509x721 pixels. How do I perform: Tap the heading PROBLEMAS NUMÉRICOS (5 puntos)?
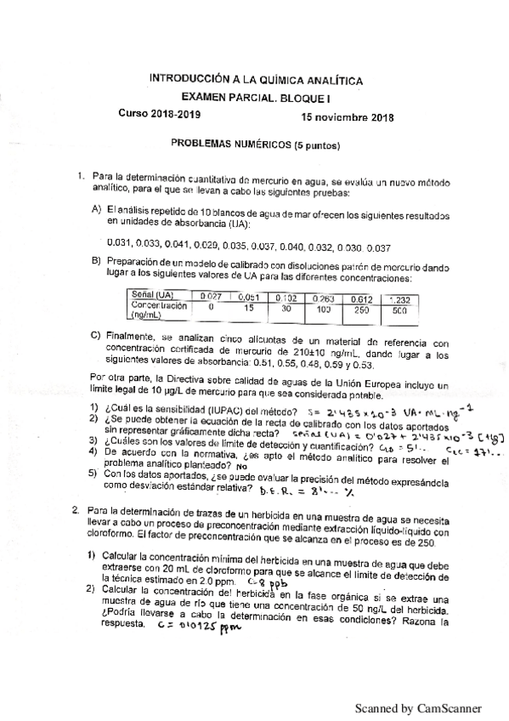(244, 145)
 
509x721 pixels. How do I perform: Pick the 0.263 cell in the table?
(323, 299)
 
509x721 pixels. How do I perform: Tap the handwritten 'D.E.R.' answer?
(274, 491)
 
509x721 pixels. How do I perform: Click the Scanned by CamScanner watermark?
(418, 707)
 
